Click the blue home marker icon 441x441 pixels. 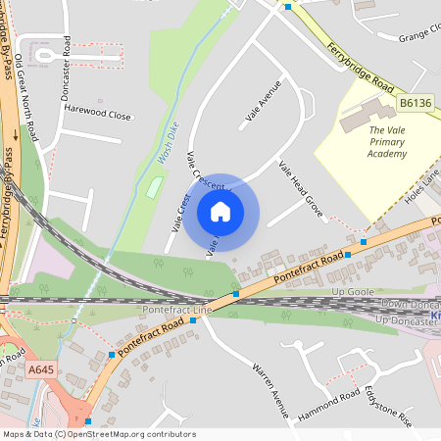pyautogui.click(x=220, y=211)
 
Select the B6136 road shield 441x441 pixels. pyautogui.click(x=415, y=103)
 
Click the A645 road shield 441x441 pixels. pyautogui.click(x=40, y=369)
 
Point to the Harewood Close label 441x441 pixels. pyautogui.click(x=98, y=116)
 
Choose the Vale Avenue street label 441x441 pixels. pyautogui.click(x=263, y=104)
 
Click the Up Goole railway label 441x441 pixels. pyautogui.click(x=355, y=292)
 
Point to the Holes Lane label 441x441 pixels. pyautogui.click(x=422, y=185)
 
